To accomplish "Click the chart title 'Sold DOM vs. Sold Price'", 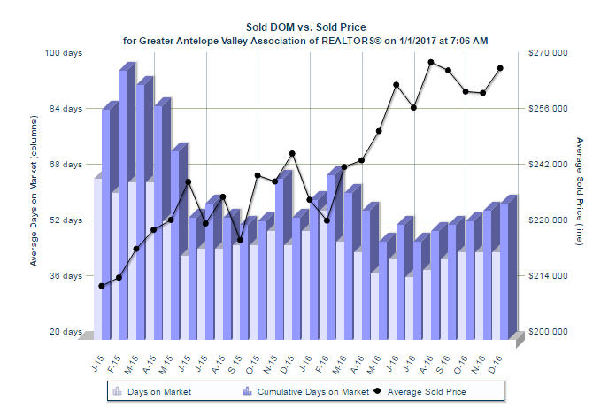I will [305, 27].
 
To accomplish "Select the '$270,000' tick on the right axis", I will [547, 53].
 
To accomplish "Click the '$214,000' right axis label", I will [547, 276].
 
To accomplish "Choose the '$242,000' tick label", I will [547, 165].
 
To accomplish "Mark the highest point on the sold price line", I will [430, 62].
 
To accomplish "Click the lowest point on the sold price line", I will [102, 286].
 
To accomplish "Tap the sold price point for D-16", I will [500, 68].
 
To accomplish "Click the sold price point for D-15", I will [292, 153].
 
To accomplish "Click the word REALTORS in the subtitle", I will [336, 40].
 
